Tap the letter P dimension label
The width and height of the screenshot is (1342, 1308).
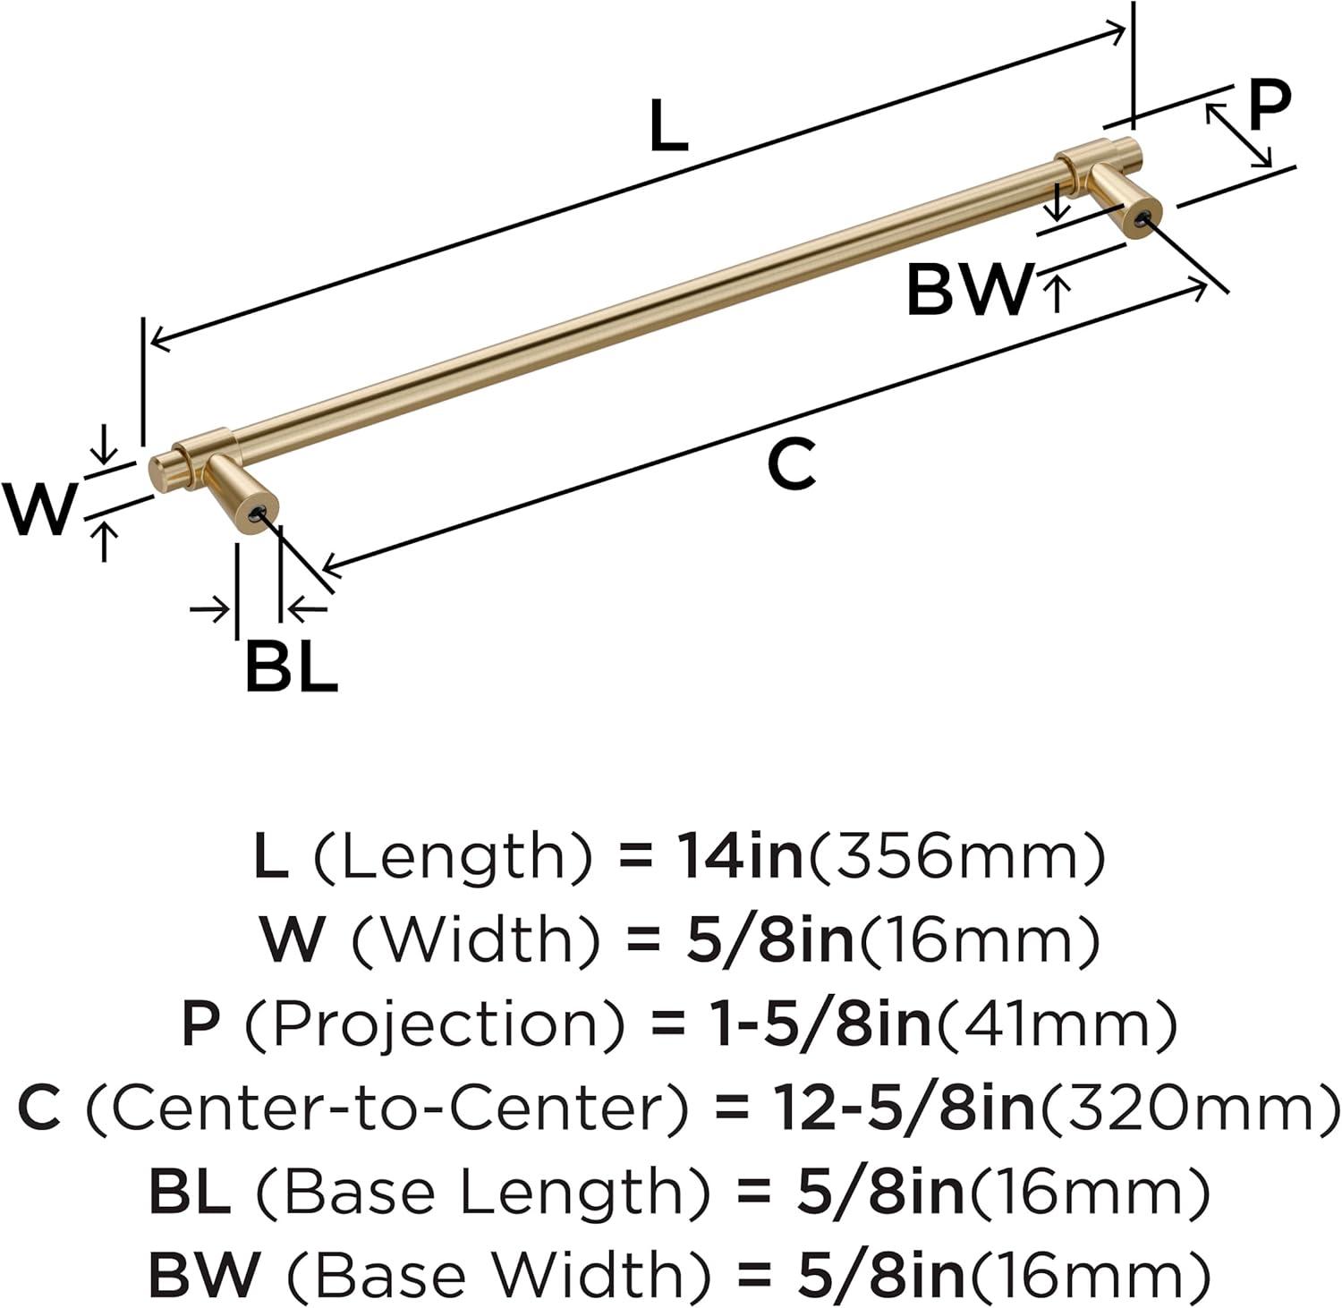[x=1270, y=105]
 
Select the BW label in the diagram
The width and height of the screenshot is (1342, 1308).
[x=969, y=289]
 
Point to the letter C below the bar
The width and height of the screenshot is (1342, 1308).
[x=792, y=464]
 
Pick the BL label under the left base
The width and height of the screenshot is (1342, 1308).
[x=292, y=667]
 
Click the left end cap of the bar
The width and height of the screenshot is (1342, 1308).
[x=159, y=471]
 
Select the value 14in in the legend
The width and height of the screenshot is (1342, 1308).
[x=738, y=856]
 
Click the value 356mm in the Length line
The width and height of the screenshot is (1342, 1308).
[x=956, y=856]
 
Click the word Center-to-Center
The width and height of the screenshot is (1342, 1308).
[x=387, y=1108]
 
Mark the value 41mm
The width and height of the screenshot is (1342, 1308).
[x=1056, y=1023]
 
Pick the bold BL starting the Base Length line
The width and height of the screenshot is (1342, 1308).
[x=190, y=1191]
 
